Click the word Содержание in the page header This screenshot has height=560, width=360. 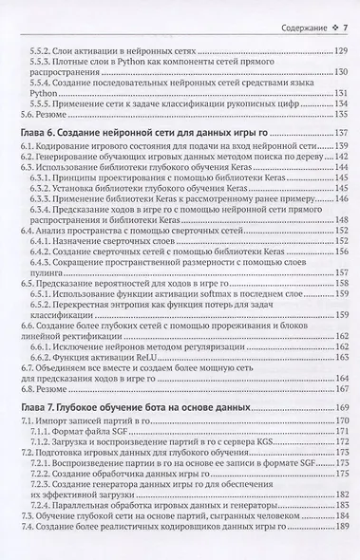tap(286, 10)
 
